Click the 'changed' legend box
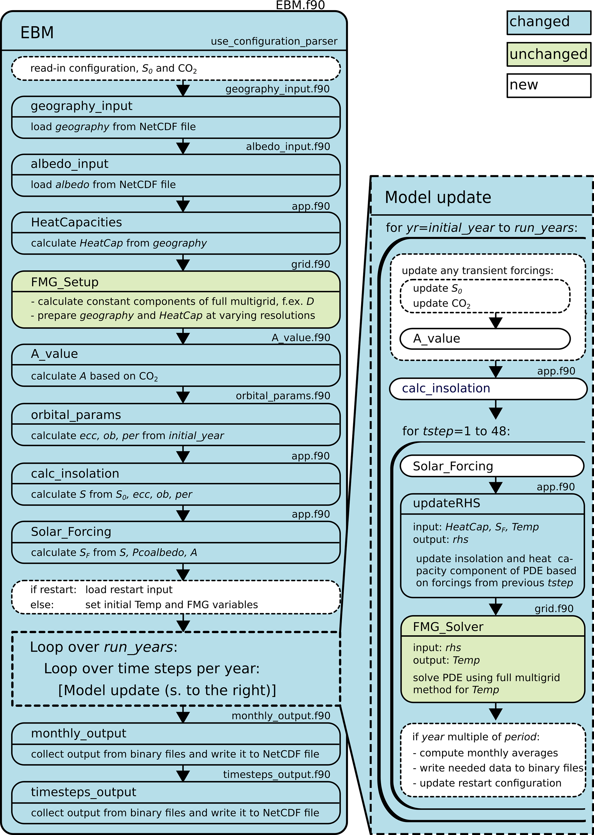click(x=548, y=23)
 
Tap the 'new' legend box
click(x=548, y=86)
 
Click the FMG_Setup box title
click(x=65, y=282)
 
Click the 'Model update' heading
click(x=438, y=197)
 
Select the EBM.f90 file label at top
click(x=300, y=5)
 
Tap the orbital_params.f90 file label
click(x=283, y=396)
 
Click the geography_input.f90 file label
click(x=277, y=89)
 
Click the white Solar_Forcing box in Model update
click(x=492, y=466)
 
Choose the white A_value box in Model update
click(x=485, y=339)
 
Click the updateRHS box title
click(x=446, y=503)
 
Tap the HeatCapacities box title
click(x=76, y=222)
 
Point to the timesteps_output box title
click(x=83, y=792)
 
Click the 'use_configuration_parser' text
click(x=274, y=41)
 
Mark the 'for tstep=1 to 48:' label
click(x=456, y=431)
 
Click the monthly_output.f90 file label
click(x=280, y=716)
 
